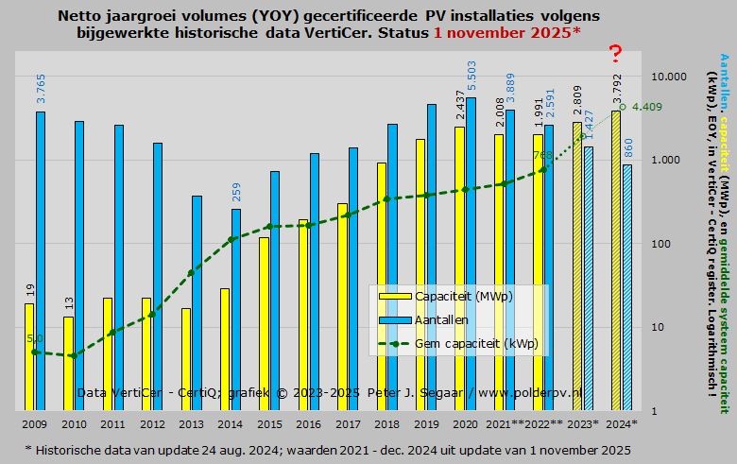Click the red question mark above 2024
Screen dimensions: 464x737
point(616,55)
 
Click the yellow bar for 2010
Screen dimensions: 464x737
point(68,363)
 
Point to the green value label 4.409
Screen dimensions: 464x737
point(646,107)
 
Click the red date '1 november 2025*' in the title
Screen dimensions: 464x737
point(506,33)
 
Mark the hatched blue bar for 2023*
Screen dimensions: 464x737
point(588,279)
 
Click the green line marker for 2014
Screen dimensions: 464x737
point(231,239)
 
